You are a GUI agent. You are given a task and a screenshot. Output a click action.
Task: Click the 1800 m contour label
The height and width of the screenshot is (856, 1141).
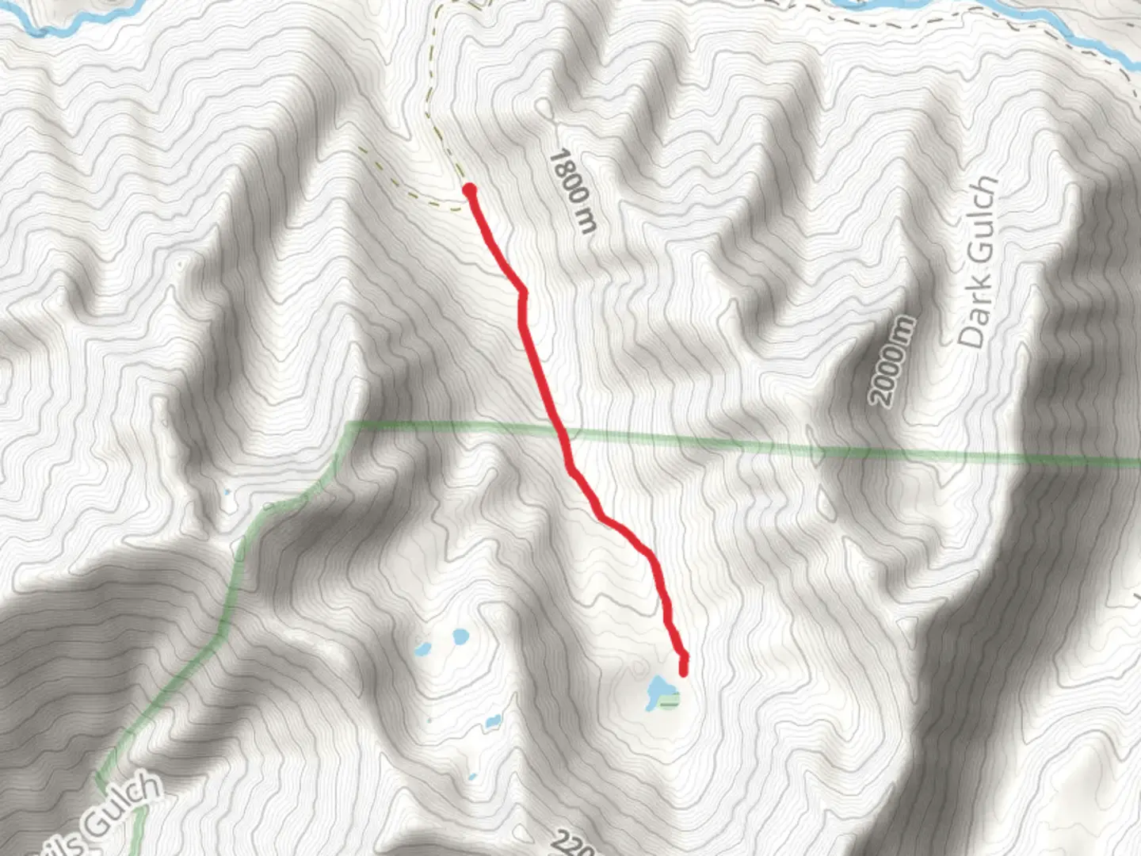pos(571,191)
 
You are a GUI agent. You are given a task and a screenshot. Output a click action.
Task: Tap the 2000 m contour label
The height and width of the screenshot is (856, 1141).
pos(892,361)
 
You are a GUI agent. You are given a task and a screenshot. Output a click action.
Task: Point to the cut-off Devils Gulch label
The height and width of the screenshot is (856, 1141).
pos(119,808)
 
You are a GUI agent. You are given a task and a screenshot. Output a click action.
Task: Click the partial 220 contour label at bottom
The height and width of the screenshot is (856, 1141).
pos(572,843)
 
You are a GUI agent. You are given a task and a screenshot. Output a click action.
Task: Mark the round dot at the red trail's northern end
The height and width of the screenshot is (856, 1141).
pos(469,189)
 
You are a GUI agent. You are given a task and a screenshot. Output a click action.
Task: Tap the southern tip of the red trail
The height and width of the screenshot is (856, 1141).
pos(683,673)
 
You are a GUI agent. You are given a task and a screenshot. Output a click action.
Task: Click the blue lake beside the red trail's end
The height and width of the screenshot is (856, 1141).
pos(657,690)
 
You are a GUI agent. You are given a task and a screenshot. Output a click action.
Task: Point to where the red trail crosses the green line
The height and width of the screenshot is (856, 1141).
pos(563,433)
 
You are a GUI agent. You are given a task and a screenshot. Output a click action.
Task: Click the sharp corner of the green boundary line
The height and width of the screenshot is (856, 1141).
pos(349,427)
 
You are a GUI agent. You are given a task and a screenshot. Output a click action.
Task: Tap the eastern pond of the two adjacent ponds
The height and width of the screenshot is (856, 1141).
pos(460,636)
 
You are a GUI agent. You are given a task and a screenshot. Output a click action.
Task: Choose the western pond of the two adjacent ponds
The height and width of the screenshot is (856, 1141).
pos(423,649)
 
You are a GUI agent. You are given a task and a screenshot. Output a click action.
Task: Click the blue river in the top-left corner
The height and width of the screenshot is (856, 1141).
pos(71,24)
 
